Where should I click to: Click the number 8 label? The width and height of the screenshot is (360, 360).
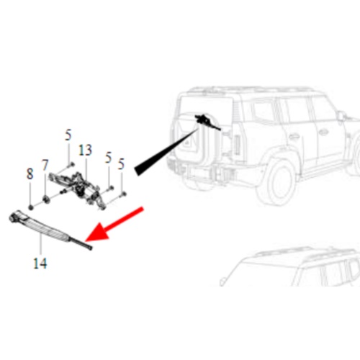point(30,174)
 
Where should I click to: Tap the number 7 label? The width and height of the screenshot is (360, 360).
point(45,165)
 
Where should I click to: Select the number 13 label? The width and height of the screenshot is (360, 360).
point(85,150)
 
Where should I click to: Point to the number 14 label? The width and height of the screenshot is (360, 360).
point(40,263)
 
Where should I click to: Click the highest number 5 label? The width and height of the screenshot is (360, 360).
point(68,135)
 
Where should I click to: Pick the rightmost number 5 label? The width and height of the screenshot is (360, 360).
point(121,164)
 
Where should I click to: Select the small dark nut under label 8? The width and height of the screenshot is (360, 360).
point(30,207)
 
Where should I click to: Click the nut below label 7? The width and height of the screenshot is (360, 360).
point(46,199)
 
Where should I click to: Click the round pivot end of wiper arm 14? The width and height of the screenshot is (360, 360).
point(13,217)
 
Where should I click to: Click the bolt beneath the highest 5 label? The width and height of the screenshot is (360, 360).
point(71,165)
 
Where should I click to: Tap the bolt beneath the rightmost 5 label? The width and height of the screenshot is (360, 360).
point(123,194)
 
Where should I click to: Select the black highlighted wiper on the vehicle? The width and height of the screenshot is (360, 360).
point(207,122)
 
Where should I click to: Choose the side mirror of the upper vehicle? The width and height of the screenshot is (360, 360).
point(341,117)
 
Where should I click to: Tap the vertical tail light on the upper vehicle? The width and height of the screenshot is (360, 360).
point(237,145)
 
